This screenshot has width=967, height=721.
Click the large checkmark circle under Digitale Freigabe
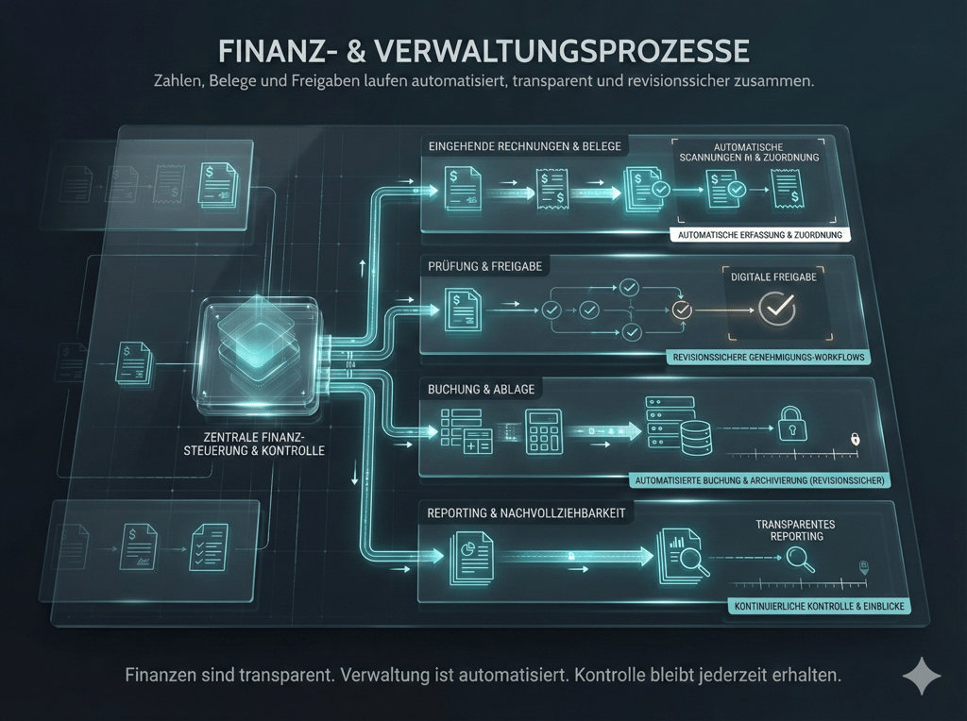779,308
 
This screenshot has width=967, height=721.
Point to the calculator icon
545,432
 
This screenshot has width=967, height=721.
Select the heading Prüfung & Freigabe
485,266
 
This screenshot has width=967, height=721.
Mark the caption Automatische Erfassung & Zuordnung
758,235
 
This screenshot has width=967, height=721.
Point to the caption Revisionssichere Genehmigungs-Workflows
767,358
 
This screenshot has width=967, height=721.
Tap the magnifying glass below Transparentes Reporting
801,561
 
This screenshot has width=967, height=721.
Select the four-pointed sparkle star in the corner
922,677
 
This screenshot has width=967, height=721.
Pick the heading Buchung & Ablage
481,390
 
